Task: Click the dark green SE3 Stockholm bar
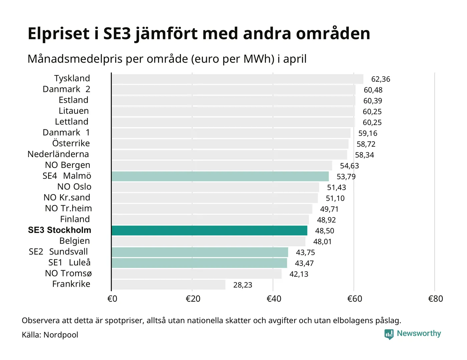click(x=209, y=231)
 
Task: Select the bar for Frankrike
click(x=168, y=285)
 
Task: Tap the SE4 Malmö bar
click(x=220, y=176)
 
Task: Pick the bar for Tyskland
click(x=238, y=79)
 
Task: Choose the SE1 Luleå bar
click(x=199, y=263)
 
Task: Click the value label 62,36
click(x=381, y=79)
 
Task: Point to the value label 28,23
click(x=243, y=285)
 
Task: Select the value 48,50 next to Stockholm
click(x=325, y=231)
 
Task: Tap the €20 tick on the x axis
click(x=193, y=299)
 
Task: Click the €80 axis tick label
click(x=435, y=299)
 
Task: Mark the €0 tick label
click(x=112, y=299)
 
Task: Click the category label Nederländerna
click(x=58, y=154)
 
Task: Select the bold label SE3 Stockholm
click(x=59, y=230)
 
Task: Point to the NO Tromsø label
click(x=68, y=273)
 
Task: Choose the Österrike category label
click(x=71, y=143)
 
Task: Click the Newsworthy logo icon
click(x=389, y=334)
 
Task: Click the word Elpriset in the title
click(x=59, y=34)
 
